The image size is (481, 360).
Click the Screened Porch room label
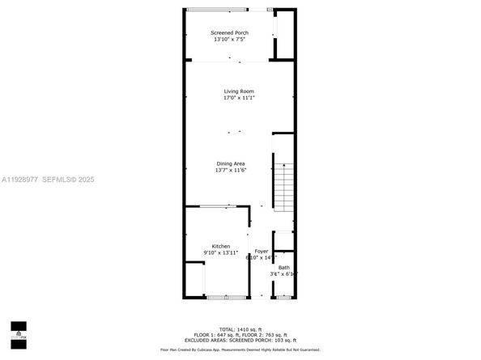tap(228, 33)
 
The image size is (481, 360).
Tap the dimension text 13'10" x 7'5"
tap(228, 40)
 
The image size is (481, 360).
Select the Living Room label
tap(240, 91)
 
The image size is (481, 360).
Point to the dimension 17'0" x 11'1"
tap(240, 98)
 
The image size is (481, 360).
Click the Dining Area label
tap(231, 163)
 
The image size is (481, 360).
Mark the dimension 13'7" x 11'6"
tap(231, 170)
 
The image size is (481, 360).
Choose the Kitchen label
tap(221, 246)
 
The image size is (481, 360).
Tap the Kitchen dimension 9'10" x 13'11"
tap(221, 252)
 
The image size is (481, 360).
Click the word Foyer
tap(262, 251)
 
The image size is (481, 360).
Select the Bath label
tap(283, 268)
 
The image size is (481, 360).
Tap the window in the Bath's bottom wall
tap(283, 298)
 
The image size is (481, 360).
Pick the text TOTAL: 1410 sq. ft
tap(240, 329)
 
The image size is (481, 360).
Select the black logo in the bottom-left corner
tap(18, 334)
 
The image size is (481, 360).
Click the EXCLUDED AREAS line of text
tap(240, 340)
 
